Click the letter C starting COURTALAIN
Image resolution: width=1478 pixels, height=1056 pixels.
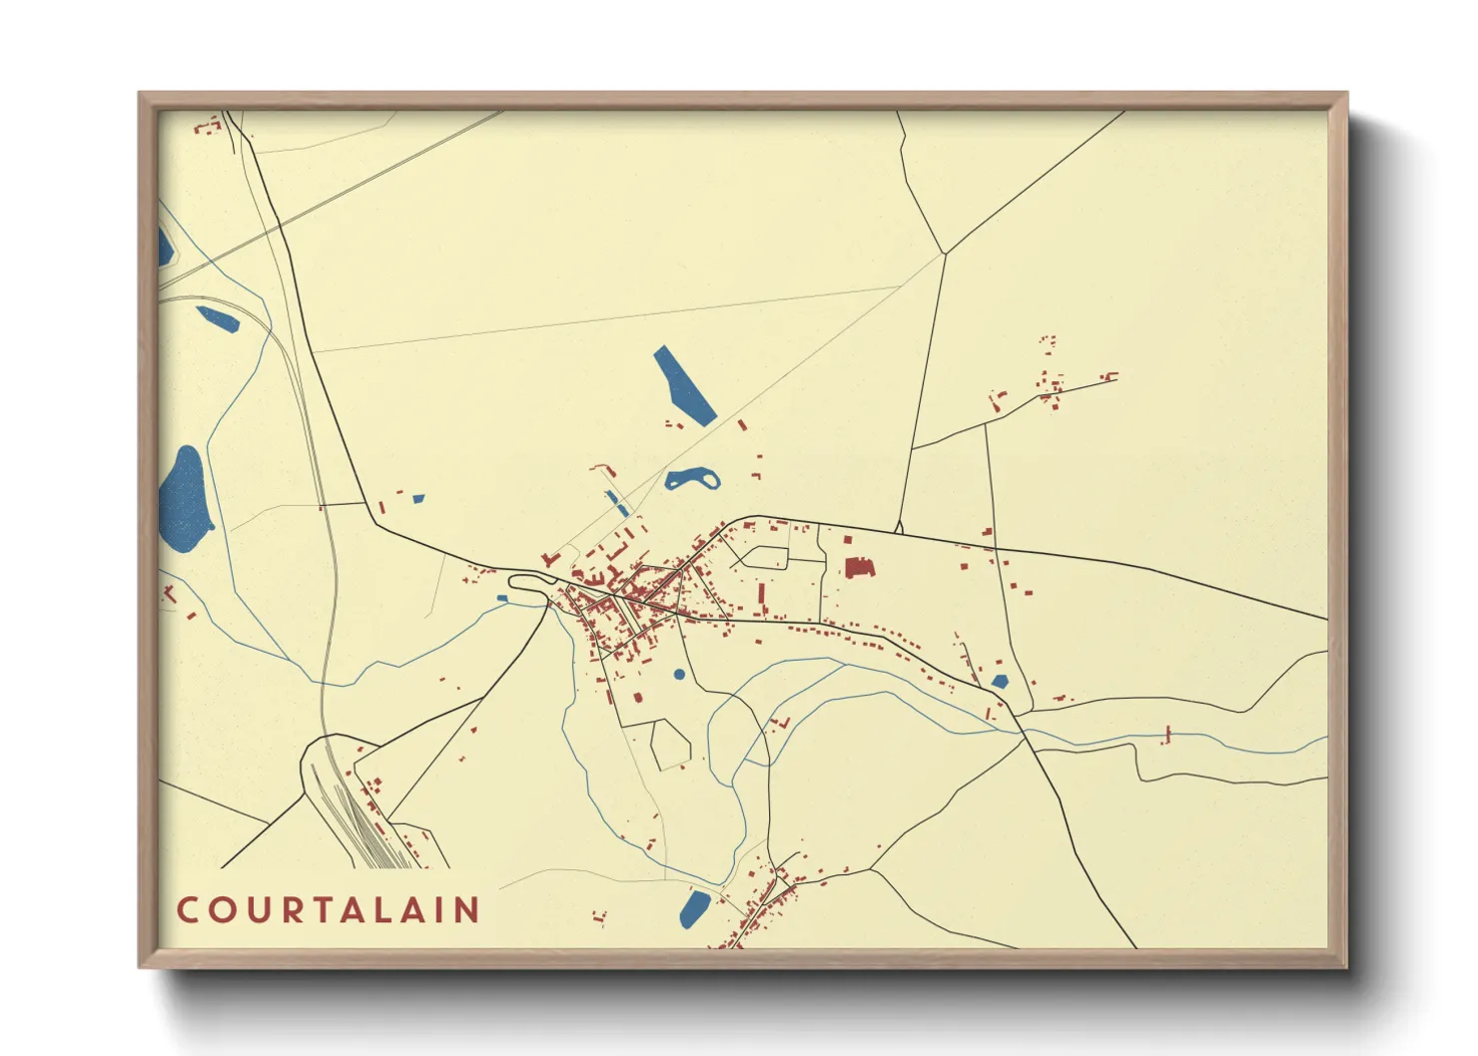coord(187,910)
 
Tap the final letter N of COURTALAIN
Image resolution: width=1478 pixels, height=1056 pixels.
coord(468,910)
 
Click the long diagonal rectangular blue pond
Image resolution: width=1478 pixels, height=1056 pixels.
coord(684,386)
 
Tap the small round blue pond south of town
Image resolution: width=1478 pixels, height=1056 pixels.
coord(679,675)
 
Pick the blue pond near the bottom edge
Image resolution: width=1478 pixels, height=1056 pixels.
coord(694,907)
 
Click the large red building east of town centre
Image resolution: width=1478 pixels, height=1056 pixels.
coord(859,568)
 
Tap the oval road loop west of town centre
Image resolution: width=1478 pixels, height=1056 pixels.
coord(529,582)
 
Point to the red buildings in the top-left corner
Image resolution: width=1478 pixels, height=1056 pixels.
coord(207,127)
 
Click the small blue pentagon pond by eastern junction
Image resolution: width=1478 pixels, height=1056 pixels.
coord(1000,682)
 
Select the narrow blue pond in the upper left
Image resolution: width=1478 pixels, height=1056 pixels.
coord(217,318)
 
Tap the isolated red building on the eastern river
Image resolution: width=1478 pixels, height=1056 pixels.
coord(1166,736)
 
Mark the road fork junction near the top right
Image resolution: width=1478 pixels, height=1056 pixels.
coord(944,253)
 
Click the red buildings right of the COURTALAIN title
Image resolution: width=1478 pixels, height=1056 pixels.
coord(599,916)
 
